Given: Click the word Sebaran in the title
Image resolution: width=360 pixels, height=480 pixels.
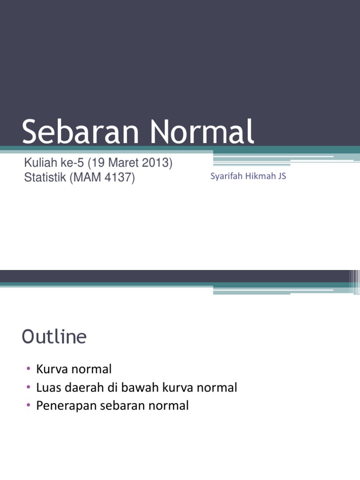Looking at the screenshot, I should (80, 132).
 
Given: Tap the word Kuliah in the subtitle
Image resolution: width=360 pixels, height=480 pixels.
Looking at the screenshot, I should (39, 164).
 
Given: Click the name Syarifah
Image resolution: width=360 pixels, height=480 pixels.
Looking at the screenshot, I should (226, 177).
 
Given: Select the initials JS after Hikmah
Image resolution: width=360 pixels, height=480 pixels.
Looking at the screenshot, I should (282, 176).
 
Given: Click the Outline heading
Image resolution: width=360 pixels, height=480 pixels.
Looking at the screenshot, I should (54, 337).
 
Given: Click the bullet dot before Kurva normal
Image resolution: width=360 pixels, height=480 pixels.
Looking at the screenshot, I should (28, 369).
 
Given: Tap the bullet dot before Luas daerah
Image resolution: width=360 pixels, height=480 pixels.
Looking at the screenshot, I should (28, 388).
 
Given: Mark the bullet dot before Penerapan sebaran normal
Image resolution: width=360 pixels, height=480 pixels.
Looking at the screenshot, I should (28, 406).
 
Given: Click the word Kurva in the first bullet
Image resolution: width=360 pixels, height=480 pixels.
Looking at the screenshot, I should (50, 369).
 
